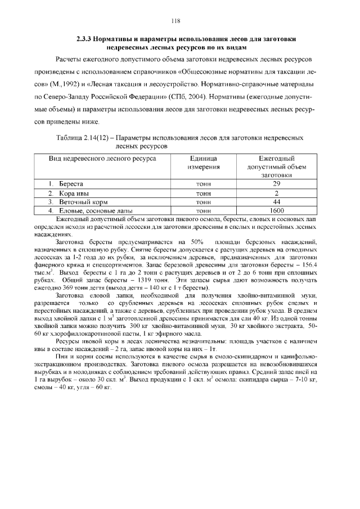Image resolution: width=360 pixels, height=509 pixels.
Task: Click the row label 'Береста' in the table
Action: (x=71, y=184)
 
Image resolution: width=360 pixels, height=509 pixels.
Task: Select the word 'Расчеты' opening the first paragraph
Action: (x=69, y=59)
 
